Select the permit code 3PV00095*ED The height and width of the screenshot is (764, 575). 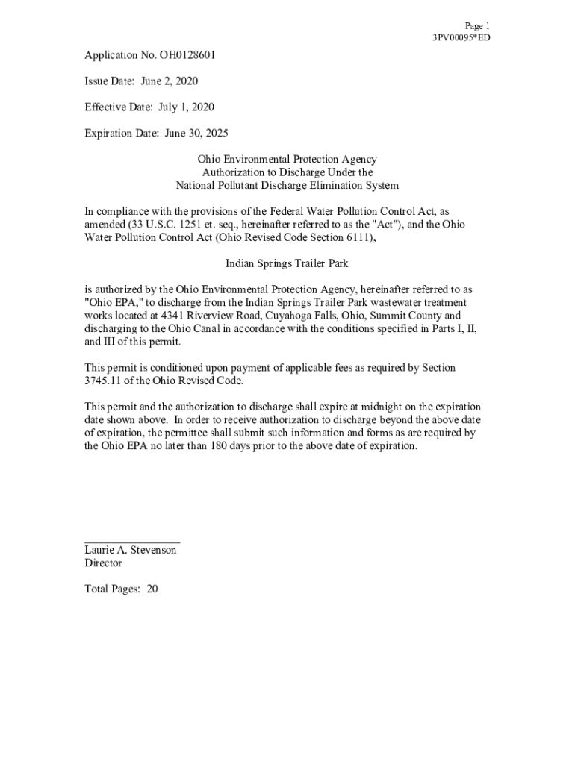(x=461, y=37)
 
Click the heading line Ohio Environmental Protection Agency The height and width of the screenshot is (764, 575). (x=287, y=160)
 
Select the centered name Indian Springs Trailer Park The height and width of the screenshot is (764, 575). (x=287, y=263)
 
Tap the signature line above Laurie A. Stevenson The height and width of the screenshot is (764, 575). (x=132, y=542)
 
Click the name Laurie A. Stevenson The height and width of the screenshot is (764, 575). (x=131, y=550)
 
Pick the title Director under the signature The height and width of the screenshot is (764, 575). (x=103, y=563)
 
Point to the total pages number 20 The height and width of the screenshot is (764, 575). (x=152, y=589)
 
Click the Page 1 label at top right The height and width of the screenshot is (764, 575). (x=477, y=25)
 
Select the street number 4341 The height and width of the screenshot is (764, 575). (x=174, y=316)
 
